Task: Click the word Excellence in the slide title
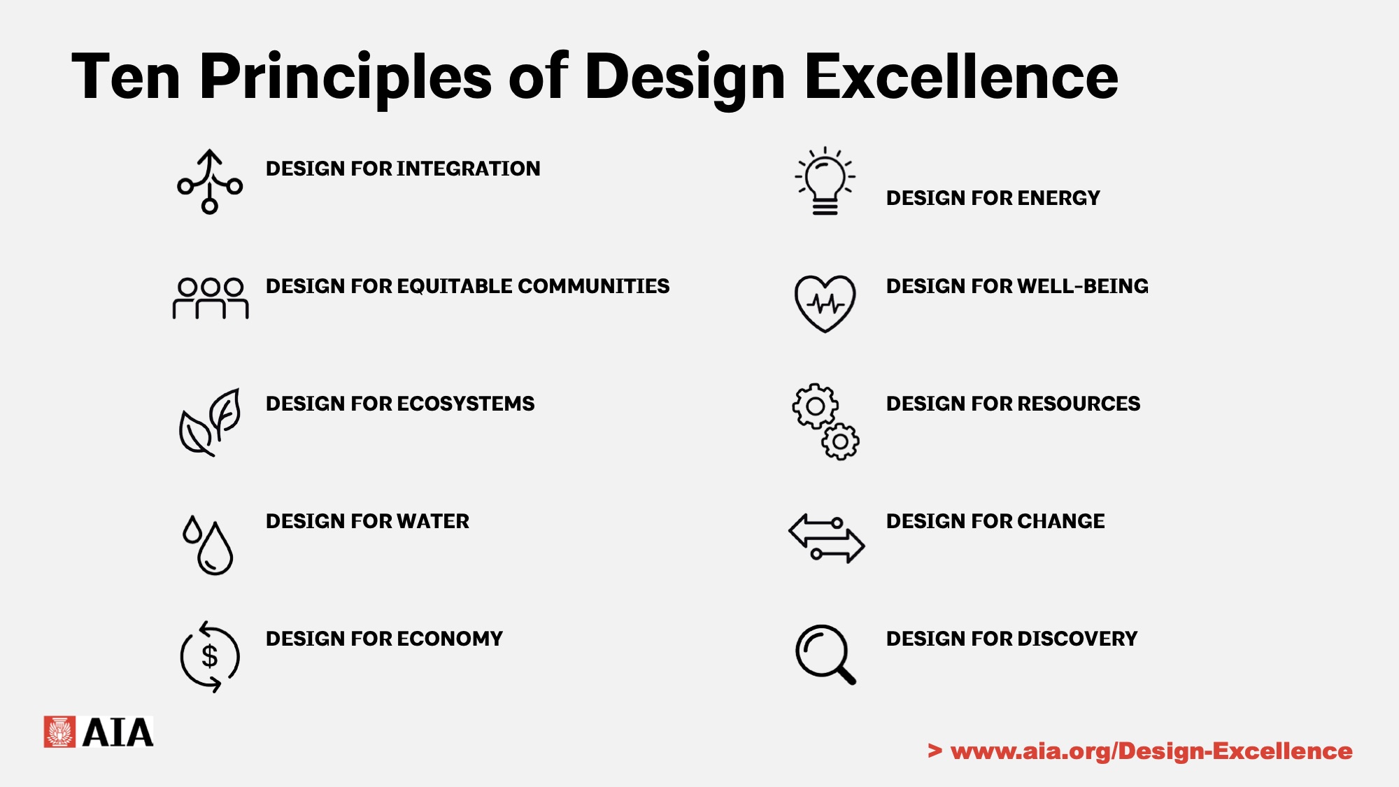[961, 77]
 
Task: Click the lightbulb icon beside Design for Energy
[825, 180]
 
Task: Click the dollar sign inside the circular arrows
[209, 656]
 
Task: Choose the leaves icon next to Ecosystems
[210, 423]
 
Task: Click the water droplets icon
[208, 546]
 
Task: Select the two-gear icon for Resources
[825, 421]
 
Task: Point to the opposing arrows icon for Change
[826, 539]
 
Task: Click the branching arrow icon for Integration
[210, 182]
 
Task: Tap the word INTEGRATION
[469, 169]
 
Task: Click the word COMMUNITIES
[594, 286]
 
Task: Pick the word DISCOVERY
[1077, 639]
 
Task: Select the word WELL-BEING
[1083, 286]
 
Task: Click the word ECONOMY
[450, 639]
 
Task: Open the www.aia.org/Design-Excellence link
[1151, 751]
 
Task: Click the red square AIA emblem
[59, 732]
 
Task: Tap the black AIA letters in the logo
[118, 732]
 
